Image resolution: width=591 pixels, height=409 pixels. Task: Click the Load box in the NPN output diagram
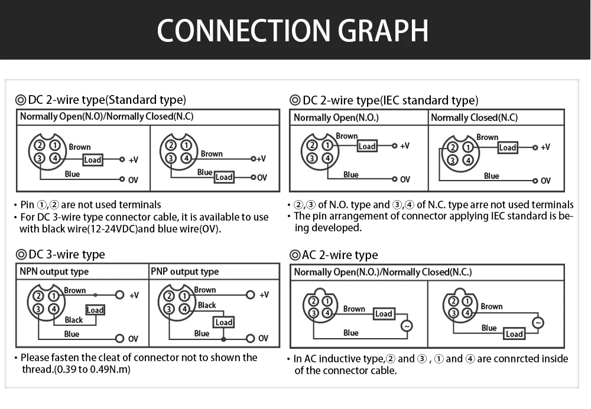pyautogui.click(x=95, y=310)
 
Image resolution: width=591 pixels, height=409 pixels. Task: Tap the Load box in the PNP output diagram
pyautogui.click(x=223, y=322)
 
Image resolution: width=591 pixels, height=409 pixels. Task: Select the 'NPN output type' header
pyautogui.click(x=54, y=271)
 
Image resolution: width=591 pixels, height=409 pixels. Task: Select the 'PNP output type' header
pyautogui.click(x=184, y=271)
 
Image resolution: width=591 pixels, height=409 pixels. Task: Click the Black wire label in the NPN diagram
pyautogui.click(x=74, y=320)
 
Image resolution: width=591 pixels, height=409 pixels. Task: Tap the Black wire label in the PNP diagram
pyautogui.click(x=207, y=305)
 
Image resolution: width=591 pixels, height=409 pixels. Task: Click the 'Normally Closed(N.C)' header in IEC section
pyautogui.click(x=474, y=117)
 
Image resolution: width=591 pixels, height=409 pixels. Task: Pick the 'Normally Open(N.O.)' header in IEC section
pyautogui.click(x=336, y=117)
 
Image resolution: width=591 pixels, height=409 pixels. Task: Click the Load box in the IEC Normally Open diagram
pyautogui.click(x=366, y=146)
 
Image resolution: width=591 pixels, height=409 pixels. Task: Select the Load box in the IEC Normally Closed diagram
pyautogui.click(x=507, y=148)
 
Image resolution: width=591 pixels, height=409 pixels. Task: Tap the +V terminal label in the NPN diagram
pyautogui.click(x=134, y=295)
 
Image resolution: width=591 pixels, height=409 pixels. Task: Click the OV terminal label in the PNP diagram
pyautogui.click(x=263, y=338)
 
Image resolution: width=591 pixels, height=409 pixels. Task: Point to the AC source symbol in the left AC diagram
pyautogui.click(x=407, y=326)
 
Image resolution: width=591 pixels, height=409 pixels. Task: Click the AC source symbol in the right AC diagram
pyautogui.click(x=537, y=323)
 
